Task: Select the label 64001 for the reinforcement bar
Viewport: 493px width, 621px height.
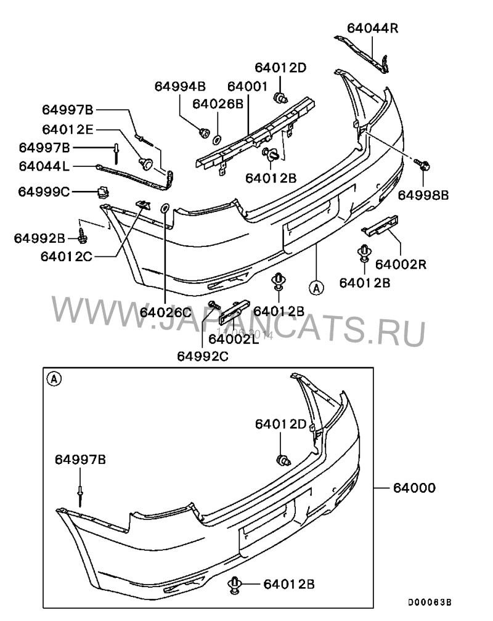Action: click(x=247, y=86)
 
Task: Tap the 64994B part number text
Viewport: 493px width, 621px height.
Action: click(x=180, y=86)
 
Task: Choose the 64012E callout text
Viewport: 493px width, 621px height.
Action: click(x=68, y=129)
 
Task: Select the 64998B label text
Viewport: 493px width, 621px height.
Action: click(x=423, y=195)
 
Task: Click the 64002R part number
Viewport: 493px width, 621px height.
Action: click(x=401, y=265)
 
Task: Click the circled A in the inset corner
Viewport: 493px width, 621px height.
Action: click(x=54, y=379)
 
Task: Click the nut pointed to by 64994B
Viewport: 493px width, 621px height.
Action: click(x=203, y=131)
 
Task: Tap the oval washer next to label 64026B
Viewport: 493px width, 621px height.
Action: click(x=217, y=139)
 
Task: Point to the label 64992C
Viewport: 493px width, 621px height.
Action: click(x=202, y=355)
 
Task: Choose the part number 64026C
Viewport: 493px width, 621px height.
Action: click(x=166, y=312)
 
